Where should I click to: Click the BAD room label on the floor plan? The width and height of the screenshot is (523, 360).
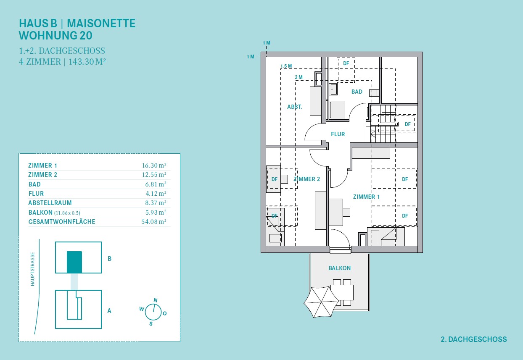tap(357, 92)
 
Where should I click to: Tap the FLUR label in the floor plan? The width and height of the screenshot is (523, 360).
tap(338, 134)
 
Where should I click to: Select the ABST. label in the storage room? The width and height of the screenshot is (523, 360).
tap(294, 107)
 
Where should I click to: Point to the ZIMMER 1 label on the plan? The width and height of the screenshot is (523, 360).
tap(366, 197)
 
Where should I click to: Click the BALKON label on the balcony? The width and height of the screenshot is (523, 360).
tap(339, 268)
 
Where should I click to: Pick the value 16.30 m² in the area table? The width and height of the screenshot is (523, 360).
tap(154, 166)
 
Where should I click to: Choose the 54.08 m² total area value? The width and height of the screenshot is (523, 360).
tap(154, 222)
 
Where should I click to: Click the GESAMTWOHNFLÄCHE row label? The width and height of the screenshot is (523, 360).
tap(62, 222)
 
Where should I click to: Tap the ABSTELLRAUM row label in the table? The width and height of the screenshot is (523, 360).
tap(50, 203)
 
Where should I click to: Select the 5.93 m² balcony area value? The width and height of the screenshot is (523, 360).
tap(156, 212)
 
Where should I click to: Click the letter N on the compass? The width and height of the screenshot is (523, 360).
tap(156, 300)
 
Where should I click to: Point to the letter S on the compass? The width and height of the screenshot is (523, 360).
tap(151, 323)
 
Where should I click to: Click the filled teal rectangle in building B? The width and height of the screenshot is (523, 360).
tap(74, 262)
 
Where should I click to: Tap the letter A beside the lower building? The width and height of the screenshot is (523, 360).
tap(109, 311)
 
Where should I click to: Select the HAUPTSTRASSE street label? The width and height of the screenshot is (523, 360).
tap(32, 269)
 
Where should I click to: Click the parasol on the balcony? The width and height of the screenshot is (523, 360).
tap(321, 302)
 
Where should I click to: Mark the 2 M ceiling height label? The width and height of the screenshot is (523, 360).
tap(298, 77)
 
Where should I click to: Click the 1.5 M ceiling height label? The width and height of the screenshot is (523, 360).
tap(286, 66)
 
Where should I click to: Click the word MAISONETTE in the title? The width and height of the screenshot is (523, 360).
tap(101, 24)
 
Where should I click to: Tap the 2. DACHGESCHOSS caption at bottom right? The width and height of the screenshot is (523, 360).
tap(474, 339)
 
